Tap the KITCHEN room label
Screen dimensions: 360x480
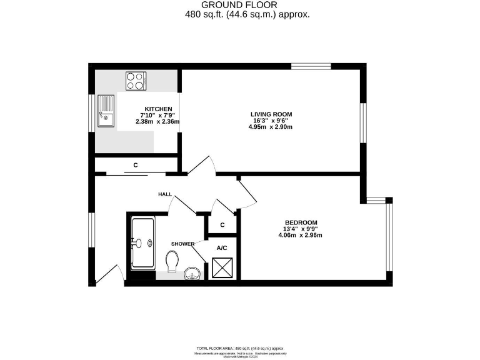pyautogui.click(x=158, y=109)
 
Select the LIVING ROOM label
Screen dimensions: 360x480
pyautogui.click(x=271, y=114)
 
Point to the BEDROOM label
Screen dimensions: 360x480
pyautogui.click(x=301, y=222)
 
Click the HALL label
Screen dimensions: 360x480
pyautogui.click(x=165, y=194)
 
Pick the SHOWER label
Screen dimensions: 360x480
pyautogui.click(x=182, y=243)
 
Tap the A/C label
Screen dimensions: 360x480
pyautogui.click(x=221, y=247)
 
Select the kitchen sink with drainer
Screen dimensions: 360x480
pyautogui.click(x=106, y=112)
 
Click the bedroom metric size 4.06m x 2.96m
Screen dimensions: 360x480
pyautogui.click(x=301, y=236)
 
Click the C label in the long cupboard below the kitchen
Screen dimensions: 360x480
pyautogui.click(x=135, y=166)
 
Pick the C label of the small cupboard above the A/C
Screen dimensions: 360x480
pyautogui.click(x=222, y=225)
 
